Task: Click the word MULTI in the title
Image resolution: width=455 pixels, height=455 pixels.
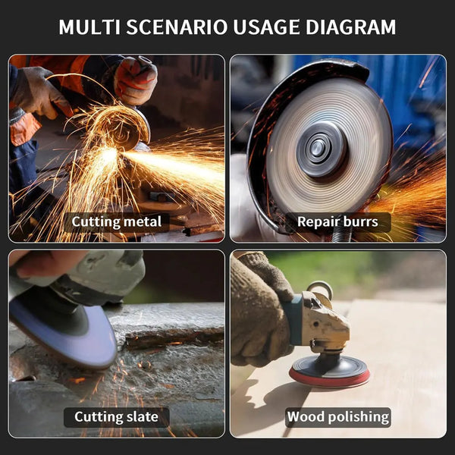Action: coord(89,27)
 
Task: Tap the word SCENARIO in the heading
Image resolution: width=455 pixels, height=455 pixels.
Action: coord(177,27)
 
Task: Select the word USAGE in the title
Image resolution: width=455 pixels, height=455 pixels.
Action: coord(266,27)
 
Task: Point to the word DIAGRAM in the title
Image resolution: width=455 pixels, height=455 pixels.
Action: coord(350,27)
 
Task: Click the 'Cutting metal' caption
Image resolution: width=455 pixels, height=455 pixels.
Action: coord(116,222)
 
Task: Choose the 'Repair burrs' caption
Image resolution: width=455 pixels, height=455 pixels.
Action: coord(337,222)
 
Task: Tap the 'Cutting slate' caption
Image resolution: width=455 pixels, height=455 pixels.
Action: coord(116,417)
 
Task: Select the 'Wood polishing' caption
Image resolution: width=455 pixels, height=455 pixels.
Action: coord(338,417)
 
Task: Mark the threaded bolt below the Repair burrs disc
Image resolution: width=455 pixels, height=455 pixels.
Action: coord(342,234)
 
